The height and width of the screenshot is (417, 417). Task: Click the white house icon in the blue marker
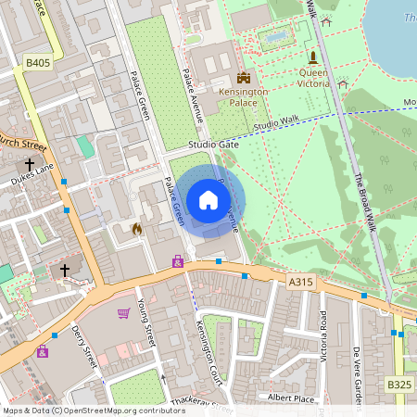208,200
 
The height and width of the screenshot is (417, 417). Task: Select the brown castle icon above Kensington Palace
244,77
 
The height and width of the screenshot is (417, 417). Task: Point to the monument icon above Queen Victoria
312,56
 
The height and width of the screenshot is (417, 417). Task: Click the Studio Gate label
213,145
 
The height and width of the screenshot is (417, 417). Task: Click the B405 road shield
36,63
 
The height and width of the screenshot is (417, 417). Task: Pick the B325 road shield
398,384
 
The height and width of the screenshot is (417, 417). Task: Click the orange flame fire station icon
137,227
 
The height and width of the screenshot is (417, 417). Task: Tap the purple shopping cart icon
123,312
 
